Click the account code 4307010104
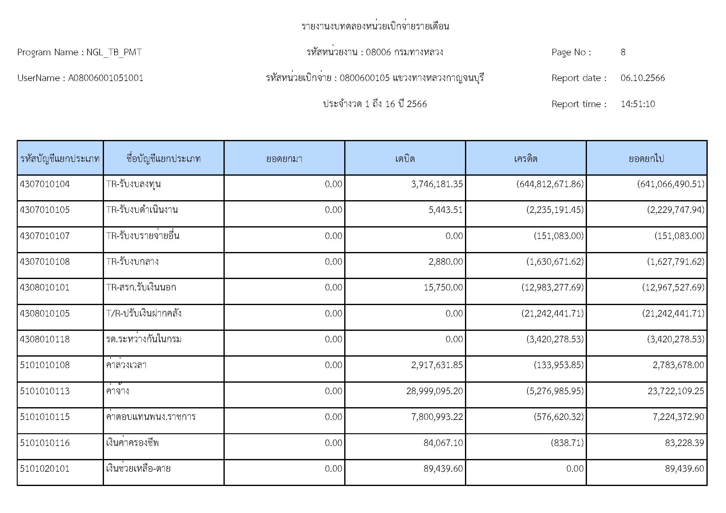pyautogui.click(x=45, y=184)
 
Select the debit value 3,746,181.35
pyautogui.click(x=437, y=184)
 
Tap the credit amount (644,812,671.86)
pyautogui.click(x=550, y=184)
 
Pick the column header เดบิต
pyautogui.click(x=405, y=158)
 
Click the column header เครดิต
pyautogui.click(x=525, y=158)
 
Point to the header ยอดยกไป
pyautogui.click(x=646, y=158)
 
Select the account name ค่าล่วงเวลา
pyautogui.click(x=126, y=365)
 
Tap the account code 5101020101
pyautogui.click(x=45, y=468)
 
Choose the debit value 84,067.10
pyautogui.click(x=443, y=443)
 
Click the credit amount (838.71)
pyautogui.click(x=567, y=443)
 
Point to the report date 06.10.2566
pyautogui.click(x=643, y=78)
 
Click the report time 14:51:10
pyautogui.click(x=638, y=104)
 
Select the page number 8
pyautogui.click(x=623, y=52)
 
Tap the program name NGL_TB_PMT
pyautogui.click(x=114, y=52)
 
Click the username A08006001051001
pyautogui.click(x=106, y=78)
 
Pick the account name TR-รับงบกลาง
pyautogui.click(x=132, y=262)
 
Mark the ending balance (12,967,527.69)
pyautogui.click(x=673, y=287)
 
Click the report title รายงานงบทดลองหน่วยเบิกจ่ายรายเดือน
pyautogui.click(x=375, y=26)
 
